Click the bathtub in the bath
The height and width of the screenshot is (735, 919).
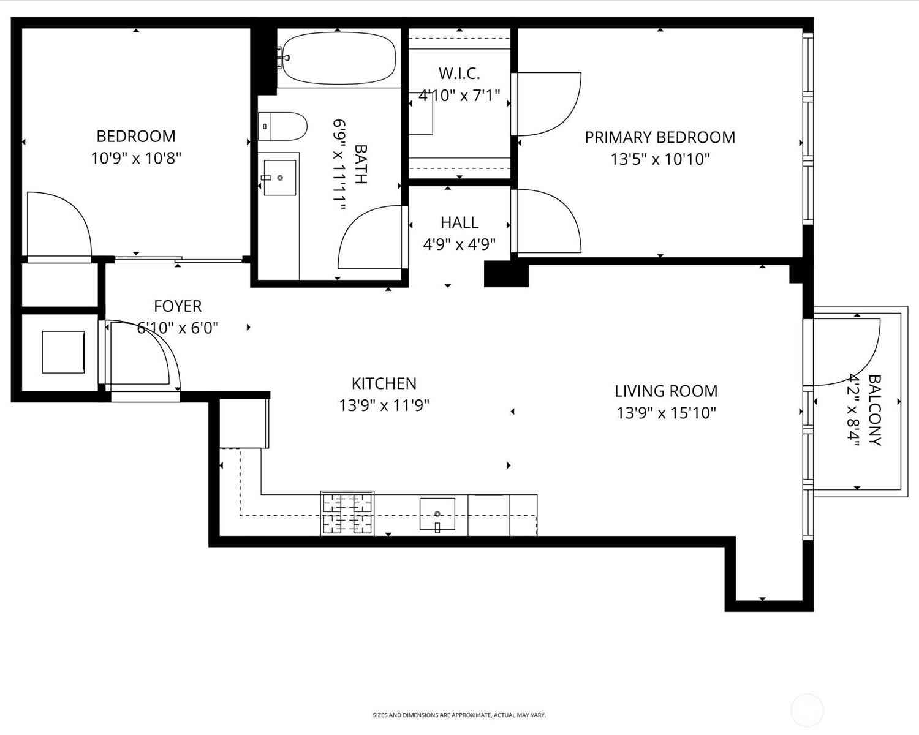pyautogui.click(x=339, y=59)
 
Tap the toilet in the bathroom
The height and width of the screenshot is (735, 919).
pyautogui.click(x=282, y=126)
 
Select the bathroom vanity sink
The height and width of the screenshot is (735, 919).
pyautogui.click(x=280, y=178)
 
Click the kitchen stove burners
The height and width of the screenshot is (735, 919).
pyautogui.click(x=347, y=513)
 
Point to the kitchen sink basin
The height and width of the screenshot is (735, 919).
pyautogui.click(x=437, y=514)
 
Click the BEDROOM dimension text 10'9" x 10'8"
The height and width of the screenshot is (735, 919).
pyautogui.click(x=136, y=159)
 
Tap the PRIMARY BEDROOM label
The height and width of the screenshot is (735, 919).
pyautogui.click(x=660, y=138)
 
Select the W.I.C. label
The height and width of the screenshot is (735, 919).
pyautogui.click(x=459, y=73)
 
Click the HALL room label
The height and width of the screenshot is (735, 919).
pyautogui.click(x=459, y=222)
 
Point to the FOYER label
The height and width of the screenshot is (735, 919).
pyautogui.click(x=178, y=306)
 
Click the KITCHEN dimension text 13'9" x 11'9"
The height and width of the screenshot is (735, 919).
pyautogui.click(x=384, y=405)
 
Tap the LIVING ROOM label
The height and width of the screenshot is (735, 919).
pyautogui.click(x=666, y=391)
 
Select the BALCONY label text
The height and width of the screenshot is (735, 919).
pyautogui.click(x=875, y=410)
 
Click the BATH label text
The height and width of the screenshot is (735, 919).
pyautogui.click(x=361, y=164)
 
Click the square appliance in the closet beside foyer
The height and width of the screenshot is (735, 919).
pyautogui.click(x=63, y=352)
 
